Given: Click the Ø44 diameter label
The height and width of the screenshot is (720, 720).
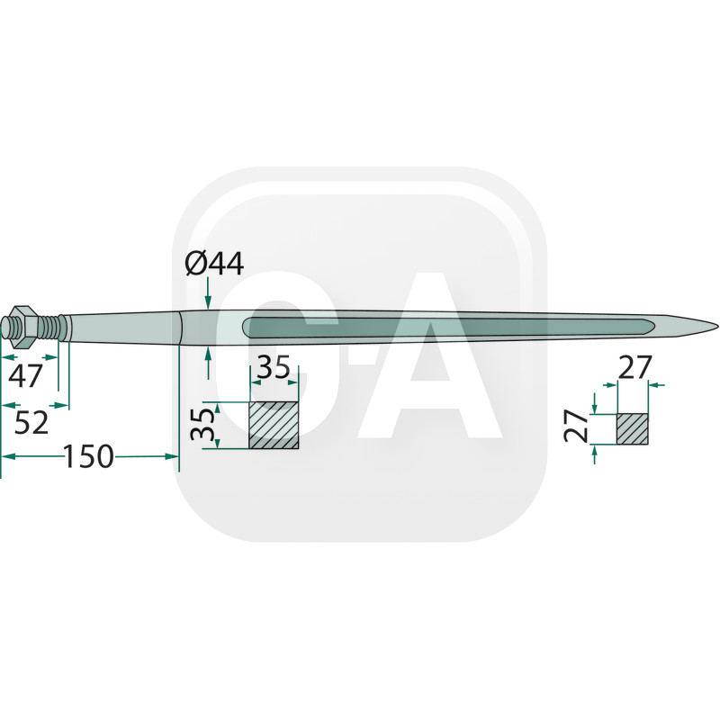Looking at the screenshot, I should pyautogui.click(x=214, y=263).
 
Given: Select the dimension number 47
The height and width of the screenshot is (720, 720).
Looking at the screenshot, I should pyautogui.click(x=25, y=374).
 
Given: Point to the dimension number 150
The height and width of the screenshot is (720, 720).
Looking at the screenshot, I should pyautogui.click(x=89, y=457).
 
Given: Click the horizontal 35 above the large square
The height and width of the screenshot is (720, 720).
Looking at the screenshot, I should pyautogui.click(x=274, y=369).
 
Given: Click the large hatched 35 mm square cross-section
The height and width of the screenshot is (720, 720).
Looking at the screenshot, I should pyautogui.click(x=274, y=425).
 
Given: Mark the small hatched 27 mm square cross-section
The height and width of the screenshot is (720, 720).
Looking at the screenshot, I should pyautogui.click(x=632, y=428).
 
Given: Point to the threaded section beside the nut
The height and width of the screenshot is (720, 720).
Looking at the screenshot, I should pyautogui.click(x=53, y=324).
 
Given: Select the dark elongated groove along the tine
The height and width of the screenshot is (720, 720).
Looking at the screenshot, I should pyautogui.click(x=450, y=325).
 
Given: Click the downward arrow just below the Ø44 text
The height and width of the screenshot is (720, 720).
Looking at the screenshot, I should pyautogui.click(x=208, y=301).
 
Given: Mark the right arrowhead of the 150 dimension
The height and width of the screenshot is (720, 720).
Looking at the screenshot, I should pyautogui.click(x=174, y=457).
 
